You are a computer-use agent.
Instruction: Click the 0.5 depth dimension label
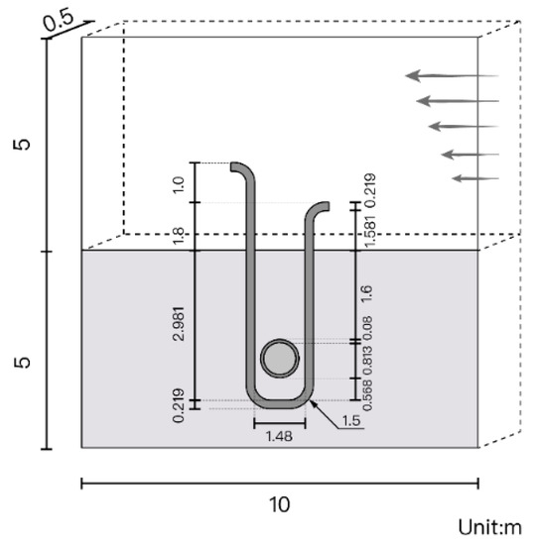pyautogui.click(x=59, y=22)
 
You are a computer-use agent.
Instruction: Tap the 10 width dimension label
pyautogui.click(x=280, y=504)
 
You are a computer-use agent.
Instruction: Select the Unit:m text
pyautogui.click(x=489, y=527)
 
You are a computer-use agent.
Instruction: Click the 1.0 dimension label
pyautogui.click(x=179, y=185)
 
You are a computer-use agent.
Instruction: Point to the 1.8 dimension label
pyautogui.click(x=179, y=236)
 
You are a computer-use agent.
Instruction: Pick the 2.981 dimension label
pyautogui.click(x=179, y=323)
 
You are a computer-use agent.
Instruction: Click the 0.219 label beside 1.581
pyautogui.click(x=371, y=190)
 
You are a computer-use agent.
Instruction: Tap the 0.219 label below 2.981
pyautogui.click(x=179, y=405)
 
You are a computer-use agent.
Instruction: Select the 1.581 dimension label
pyautogui.click(x=370, y=231)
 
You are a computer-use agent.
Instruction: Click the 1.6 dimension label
pyautogui.click(x=367, y=293)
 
